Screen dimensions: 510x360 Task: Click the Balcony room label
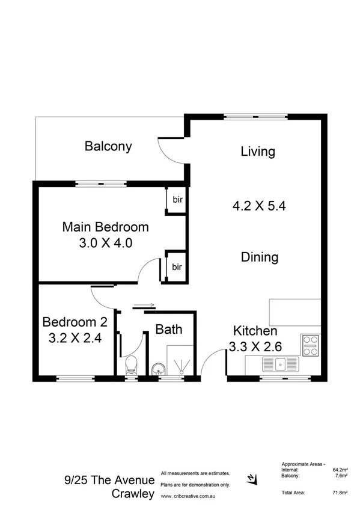[x=108, y=146]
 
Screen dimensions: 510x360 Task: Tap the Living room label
[x=258, y=151]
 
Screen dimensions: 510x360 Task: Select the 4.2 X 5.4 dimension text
[x=258, y=206]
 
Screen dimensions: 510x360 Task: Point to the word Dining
[x=260, y=257]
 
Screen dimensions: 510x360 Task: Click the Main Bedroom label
[x=105, y=227]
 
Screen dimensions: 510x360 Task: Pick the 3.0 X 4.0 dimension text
[x=105, y=243]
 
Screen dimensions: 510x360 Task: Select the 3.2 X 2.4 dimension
[x=75, y=337]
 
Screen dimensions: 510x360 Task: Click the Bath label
[x=168, y=329]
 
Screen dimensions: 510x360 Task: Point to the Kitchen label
[x=255, y=331]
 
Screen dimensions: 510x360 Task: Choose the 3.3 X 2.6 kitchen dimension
[x=255, y=346]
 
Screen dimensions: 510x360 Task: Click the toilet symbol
[x=130, y=365]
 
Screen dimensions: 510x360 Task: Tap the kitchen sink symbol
[x=279, y=363]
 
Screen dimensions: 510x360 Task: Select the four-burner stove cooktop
[x=310, y=346]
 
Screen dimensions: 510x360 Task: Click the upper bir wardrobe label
[x=177, y=200]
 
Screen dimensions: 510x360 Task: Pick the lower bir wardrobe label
[x=177, y=266]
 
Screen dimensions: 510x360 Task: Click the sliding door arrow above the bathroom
[x=144, y=304]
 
